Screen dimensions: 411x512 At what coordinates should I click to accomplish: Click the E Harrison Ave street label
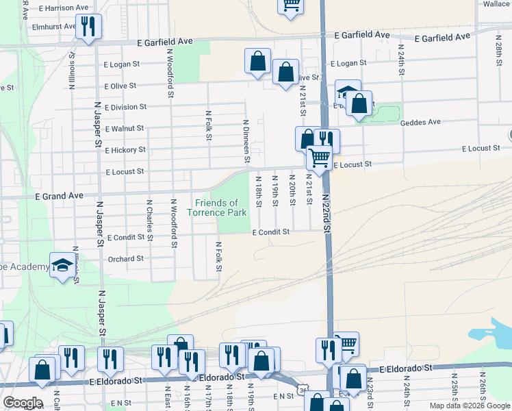coord(64,8)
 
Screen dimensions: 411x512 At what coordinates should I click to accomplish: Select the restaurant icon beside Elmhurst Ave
coord(88,26)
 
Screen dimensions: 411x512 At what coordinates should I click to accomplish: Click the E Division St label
coord(125,107)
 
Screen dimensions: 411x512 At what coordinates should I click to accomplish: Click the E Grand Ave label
coord(59,196)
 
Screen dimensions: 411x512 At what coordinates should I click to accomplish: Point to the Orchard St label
coord(126,259)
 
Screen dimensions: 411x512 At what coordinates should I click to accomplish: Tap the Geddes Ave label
coord(420,122)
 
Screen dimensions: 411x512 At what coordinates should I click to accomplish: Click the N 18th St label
coord(259,191)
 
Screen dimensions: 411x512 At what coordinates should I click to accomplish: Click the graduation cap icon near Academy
coord(62,265)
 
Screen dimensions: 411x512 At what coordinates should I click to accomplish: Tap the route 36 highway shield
coord(303,390)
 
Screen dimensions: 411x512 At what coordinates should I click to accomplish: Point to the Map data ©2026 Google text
coord(470,406)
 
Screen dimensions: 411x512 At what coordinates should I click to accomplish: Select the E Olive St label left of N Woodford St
coord(120,86)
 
